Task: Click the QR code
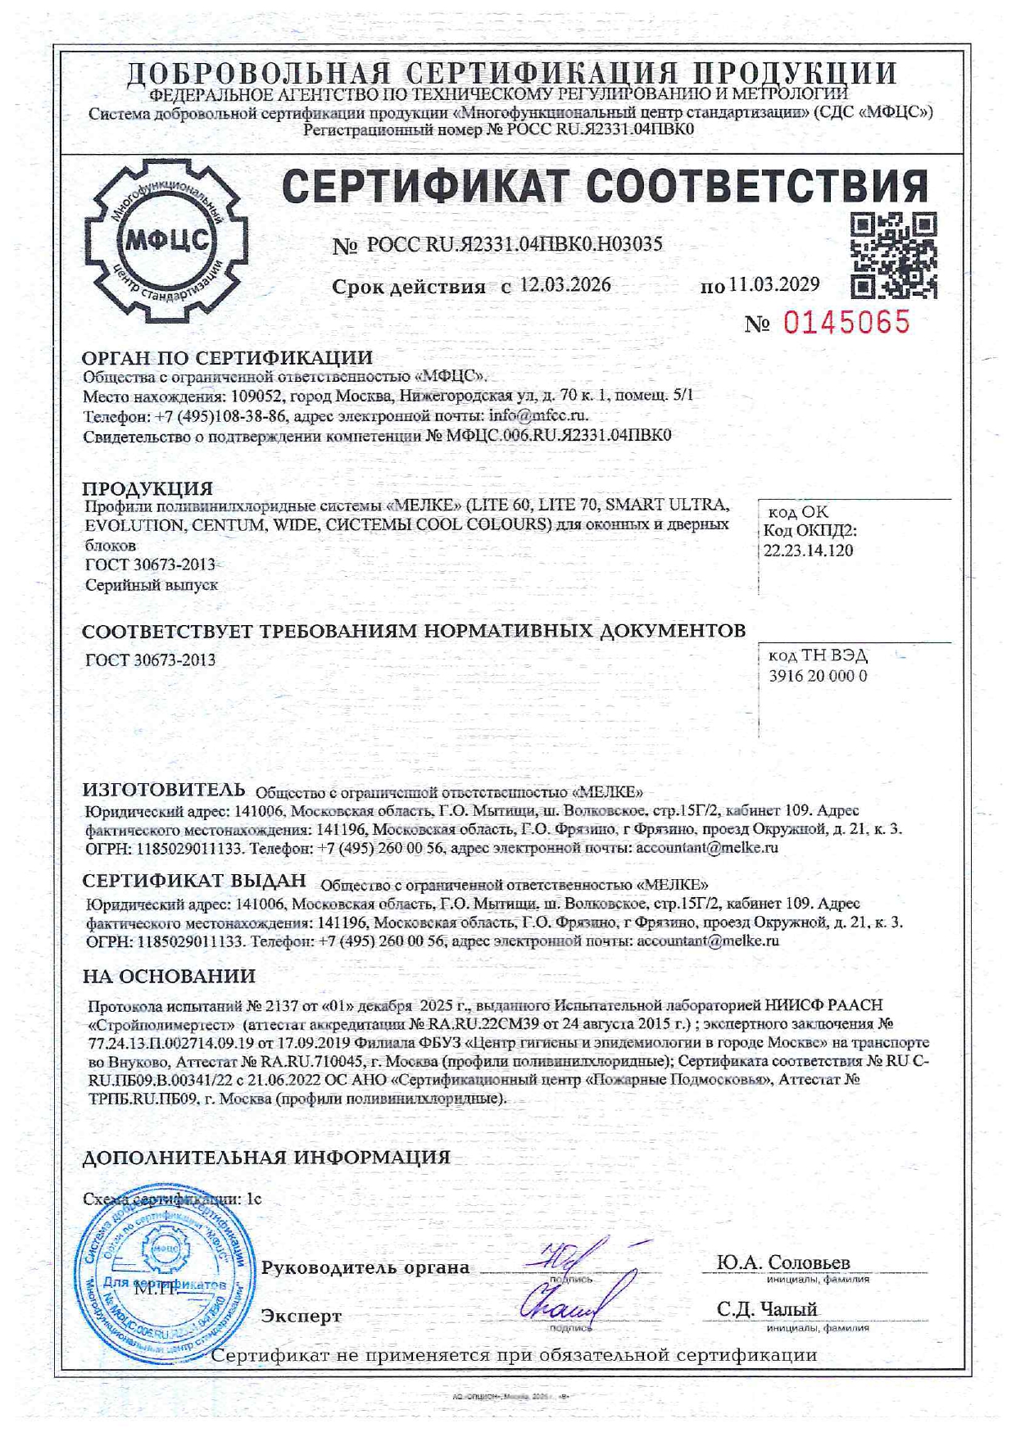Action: (x=893, y=255)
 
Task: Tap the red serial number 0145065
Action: (x=846, y=322)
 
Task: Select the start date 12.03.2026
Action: (x=565, y=285)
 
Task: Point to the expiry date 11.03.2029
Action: (x=774, y=284)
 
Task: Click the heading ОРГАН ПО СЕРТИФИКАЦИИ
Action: (x=227, y=357)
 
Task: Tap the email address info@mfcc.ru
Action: (x=538, y=415)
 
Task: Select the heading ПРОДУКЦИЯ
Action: (x=147, y=488)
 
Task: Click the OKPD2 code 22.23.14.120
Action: (x=808, y=551)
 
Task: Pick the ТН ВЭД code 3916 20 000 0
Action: (x=818, y=676)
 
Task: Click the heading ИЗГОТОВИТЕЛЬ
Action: (x=164, y=789)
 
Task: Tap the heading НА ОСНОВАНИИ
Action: (x=169, y=976)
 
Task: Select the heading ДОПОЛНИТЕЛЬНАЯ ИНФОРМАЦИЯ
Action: (x=266, y=1157)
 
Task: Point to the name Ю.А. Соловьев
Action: (x=783, y=1262)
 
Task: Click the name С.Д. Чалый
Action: (x=767, y=1309)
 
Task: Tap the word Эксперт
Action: (x=301, y=1316)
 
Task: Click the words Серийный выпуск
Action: (x=152, y=585)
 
